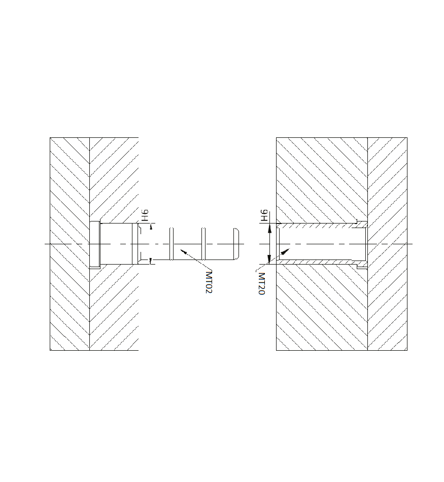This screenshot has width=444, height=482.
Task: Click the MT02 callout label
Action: [x=209, y=282]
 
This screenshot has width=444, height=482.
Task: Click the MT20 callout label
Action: [x=261, y=283]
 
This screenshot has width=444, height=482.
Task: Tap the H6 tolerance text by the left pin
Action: [x=145, y=215]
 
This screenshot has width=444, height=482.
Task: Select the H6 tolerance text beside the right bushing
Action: [x=264, y=216]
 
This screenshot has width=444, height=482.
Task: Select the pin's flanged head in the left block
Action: [x=95, y=244]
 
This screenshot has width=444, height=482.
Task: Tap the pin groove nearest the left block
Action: [x=172, y=244]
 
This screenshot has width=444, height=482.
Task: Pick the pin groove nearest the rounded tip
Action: [x=203, y=244]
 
